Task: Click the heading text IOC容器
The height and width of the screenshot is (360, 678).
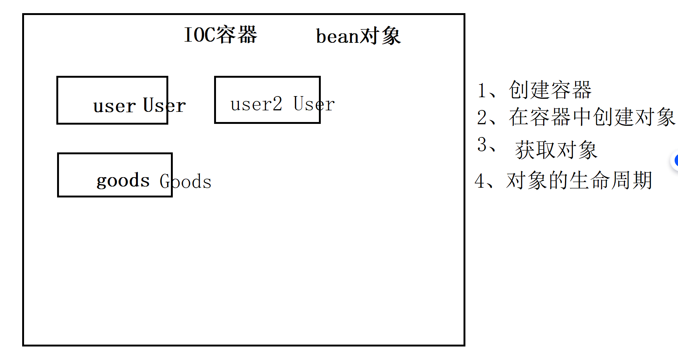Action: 220,35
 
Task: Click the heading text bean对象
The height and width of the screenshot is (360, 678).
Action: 358,36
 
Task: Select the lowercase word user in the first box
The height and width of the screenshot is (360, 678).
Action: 114,106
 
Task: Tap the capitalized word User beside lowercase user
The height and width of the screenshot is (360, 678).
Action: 165,105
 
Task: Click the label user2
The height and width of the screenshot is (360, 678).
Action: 256,104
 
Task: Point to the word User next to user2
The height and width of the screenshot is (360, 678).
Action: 314,104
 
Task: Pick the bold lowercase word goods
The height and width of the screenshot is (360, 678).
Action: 123,181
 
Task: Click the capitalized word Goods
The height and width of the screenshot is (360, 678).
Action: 186,182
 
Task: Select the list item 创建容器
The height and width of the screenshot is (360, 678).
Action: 550,90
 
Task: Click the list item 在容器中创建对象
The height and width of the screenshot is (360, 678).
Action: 592,117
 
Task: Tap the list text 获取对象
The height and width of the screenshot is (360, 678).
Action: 556,150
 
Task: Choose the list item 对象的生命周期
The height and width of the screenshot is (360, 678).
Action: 579,181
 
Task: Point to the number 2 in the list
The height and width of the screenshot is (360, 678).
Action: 482,117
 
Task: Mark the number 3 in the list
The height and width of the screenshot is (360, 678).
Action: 482,145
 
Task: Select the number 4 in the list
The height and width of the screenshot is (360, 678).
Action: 480,181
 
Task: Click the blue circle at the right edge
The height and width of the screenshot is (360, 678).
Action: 675,161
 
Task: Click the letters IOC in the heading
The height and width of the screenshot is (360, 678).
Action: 200,35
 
